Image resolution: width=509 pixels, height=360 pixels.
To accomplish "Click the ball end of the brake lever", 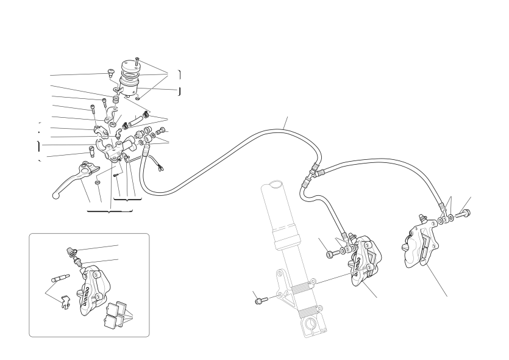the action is coord(55,196).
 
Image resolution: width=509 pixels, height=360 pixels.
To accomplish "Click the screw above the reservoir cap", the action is coord(137,61).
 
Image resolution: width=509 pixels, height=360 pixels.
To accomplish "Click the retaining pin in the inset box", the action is coord(61,278).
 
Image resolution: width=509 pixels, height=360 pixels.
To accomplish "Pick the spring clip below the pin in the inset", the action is coord(65,302).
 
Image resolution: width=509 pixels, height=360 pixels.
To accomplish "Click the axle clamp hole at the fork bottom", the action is coord(311,324).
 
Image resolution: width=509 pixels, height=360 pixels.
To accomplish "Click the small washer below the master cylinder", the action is coord(99,182).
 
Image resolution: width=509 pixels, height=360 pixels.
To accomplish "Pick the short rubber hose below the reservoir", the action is coord(135,121).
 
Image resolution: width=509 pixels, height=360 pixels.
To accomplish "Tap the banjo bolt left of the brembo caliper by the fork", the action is coord(332,253).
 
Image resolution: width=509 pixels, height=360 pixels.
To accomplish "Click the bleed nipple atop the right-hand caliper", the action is coord(422,218).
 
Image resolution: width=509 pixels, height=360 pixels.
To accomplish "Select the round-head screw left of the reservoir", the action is coord(110,72).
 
